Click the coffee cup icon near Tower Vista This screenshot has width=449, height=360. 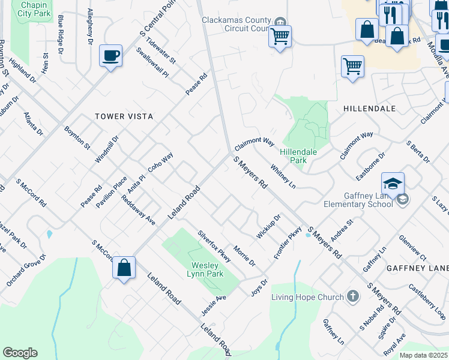pos(110,56)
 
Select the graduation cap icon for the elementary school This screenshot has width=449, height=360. pos(393,184)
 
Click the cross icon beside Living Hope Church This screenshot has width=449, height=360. pos(353,296)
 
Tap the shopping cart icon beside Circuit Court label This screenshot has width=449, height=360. pos(280,36)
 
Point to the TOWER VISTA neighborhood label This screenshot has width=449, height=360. pos(124,116)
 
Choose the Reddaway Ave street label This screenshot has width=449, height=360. pos(138,210)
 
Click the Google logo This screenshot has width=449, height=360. pos(20,353)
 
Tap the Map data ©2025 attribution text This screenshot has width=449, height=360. pos(423,355)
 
